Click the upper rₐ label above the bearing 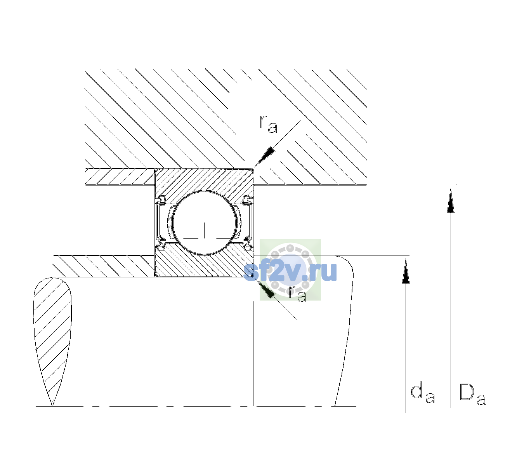click(x=268, y=124)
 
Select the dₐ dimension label click(x=423, y=393)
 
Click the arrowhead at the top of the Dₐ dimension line click(x=451, y=200)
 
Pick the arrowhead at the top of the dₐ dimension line click(x=406, y=271)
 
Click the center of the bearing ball click(x=204, y=223)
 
